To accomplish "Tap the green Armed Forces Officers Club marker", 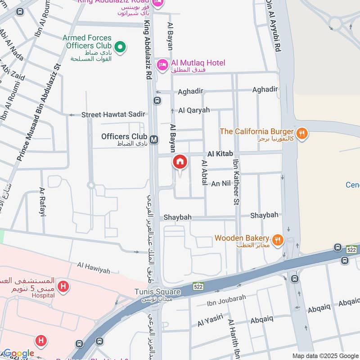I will click(120, 46).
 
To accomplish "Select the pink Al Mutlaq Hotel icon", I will click(162, 66).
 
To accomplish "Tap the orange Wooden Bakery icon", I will click(278, 240).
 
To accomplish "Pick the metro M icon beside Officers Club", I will click(154, 140).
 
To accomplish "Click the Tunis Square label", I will click(157, 292).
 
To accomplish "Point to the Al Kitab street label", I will click(220, 154).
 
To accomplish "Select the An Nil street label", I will click(221, 184).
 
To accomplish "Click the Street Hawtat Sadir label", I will click(113, 115).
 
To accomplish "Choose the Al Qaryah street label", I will click(194, 110).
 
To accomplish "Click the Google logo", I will click(18, 353).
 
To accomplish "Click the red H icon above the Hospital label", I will click(64, 286).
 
